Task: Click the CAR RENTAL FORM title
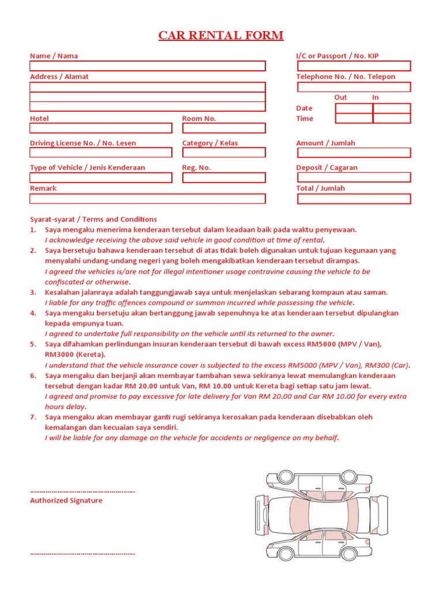(221, 36)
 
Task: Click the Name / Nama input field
(148, 66)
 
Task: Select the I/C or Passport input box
(354, 66)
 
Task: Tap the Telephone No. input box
(354, 87)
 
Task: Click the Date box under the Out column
(354, 108)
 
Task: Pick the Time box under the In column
(392, 119)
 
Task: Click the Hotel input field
(101, 128)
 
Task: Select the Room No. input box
(224, 128)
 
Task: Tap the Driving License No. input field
(101, 153)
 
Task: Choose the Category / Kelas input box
(224, 153)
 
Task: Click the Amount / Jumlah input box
(354, 153)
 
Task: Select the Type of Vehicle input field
(101, 177)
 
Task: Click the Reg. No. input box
(224, 177)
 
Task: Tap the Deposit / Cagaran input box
(354, 177)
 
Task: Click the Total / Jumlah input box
(354, 199)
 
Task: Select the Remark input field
(148, 199)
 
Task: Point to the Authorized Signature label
(66, 501)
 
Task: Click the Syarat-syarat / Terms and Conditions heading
(93, 219)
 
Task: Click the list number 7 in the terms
(33, 417)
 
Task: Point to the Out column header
(340, 97)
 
